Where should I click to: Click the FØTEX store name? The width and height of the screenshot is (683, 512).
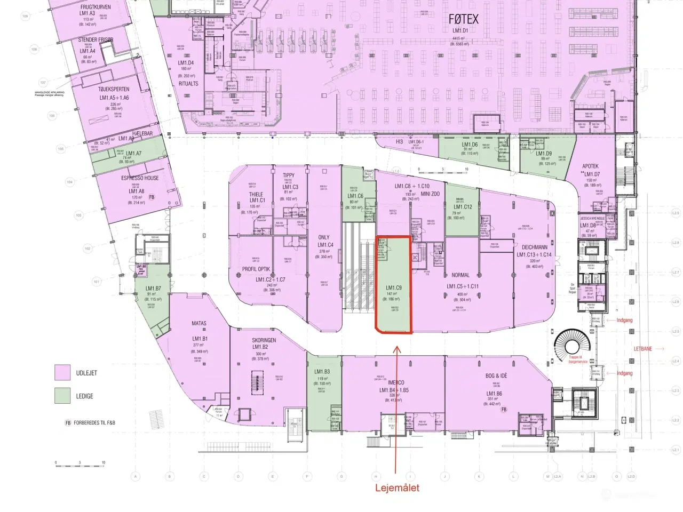463,19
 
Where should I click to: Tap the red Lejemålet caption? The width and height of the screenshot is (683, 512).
397,487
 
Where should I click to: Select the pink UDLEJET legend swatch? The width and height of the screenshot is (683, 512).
62,372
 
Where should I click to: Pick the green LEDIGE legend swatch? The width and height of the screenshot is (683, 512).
62,395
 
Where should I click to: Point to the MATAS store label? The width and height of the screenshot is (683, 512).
199,323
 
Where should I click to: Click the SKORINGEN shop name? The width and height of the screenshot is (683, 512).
264,340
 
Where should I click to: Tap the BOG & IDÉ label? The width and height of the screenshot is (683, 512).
496,376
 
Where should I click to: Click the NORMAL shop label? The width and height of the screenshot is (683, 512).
460,275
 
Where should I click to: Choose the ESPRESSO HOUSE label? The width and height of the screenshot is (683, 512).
140,178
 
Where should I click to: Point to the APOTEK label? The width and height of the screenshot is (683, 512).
590,166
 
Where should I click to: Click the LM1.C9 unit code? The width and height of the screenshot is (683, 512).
394,288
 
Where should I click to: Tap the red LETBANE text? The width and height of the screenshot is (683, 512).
643,349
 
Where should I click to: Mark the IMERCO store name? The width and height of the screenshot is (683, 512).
396,383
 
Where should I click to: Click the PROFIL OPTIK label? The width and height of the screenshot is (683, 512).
256,269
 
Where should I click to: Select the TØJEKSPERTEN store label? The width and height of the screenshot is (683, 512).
114,89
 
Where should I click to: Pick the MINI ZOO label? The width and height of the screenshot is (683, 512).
430,194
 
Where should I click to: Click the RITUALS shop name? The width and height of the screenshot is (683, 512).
188,84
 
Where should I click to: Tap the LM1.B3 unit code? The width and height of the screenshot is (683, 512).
322,372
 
